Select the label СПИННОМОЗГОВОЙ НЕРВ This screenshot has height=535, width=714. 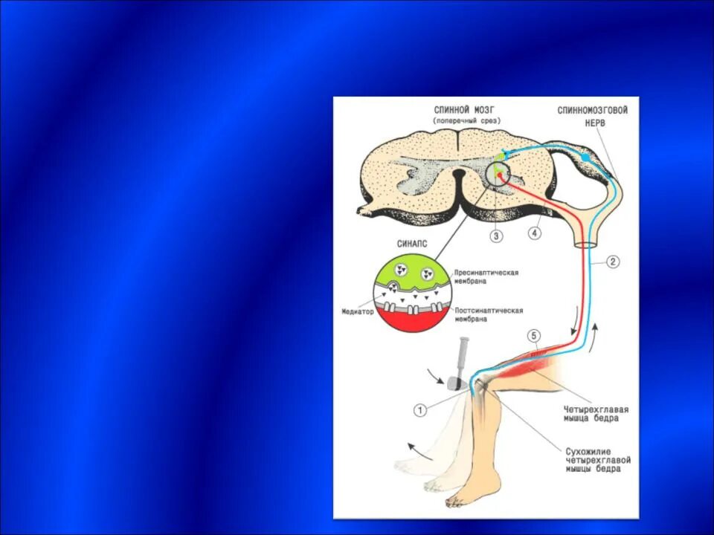click(x=593, y=117)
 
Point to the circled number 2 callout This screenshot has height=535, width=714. click(x=612, y=262)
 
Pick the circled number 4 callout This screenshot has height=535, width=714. click(x=535, y=233)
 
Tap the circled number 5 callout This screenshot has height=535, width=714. click(x=533, y=336)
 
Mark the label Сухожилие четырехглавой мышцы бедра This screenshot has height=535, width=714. click(x=591, y=460)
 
